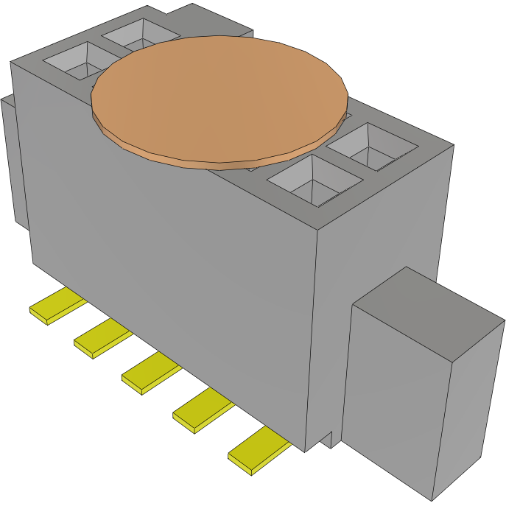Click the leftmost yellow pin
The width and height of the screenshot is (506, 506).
pyautogui.click(x=55, y=308)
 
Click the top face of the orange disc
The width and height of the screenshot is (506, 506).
pyautogui.click(x=219, y=95)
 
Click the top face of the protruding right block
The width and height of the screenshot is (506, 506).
pyautogui.click(x=427, y=302)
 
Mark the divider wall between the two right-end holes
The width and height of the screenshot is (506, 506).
pyautogui.click(x=346, y=166)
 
